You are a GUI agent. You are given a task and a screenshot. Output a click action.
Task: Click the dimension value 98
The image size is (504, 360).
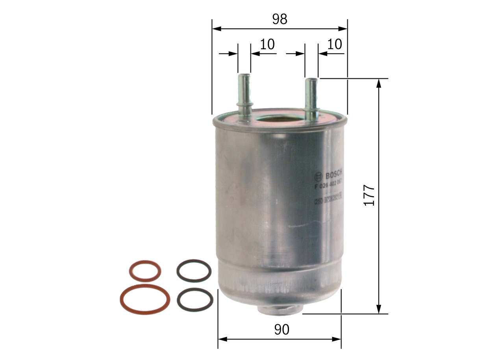point(280,19)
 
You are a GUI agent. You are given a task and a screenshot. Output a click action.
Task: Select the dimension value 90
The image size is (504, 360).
point(282,330)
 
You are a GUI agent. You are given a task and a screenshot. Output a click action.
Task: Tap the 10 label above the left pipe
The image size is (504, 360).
point(267,45)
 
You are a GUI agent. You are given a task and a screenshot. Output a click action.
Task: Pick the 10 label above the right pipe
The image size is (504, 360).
point(335,44)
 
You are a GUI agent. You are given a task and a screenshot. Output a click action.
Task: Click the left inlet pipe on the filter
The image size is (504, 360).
point(245,95)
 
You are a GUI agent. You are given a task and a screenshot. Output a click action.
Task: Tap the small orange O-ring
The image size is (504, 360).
point(145,271)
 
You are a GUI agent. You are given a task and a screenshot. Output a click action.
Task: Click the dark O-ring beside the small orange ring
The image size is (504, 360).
point(194,271)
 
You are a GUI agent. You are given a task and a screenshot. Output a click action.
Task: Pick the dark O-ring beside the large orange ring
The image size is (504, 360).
point(195,300)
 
